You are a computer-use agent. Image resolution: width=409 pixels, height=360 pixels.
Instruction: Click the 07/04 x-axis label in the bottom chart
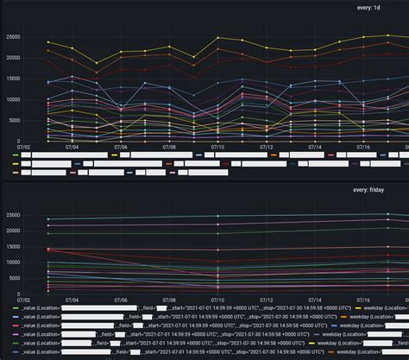click(x=72, y=301)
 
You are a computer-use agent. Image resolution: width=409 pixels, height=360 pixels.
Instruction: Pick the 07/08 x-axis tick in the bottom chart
click(x=169, y=301)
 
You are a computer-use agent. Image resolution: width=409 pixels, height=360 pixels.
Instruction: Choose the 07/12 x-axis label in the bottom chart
click(x=266, y=301)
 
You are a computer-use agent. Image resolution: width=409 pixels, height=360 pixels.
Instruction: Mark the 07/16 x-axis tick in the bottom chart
click(x=363, y=301)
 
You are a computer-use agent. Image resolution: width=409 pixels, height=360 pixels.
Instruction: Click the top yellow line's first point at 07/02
click(x=48, y=41)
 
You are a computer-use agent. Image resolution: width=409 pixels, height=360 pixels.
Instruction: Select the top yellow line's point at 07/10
click(x=217, y=38)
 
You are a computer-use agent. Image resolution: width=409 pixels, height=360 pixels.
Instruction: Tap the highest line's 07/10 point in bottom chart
click(x=217, y=216)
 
